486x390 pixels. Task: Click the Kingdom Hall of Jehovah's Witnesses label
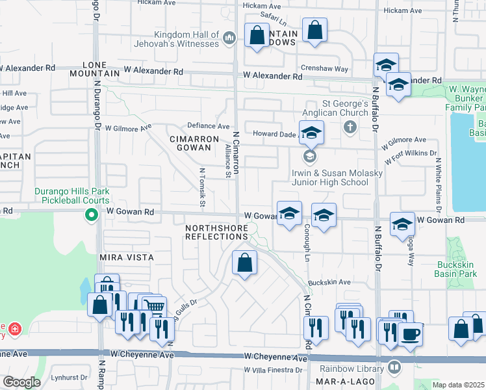185,39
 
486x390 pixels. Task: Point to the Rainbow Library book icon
394,369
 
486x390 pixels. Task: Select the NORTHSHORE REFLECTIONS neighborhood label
217,232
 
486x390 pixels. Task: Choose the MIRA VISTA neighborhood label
127,257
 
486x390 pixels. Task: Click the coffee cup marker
410,335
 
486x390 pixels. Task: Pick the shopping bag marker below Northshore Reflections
244,263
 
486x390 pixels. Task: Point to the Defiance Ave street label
209,126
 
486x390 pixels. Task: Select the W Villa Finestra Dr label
273,370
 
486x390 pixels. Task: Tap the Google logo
21,382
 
